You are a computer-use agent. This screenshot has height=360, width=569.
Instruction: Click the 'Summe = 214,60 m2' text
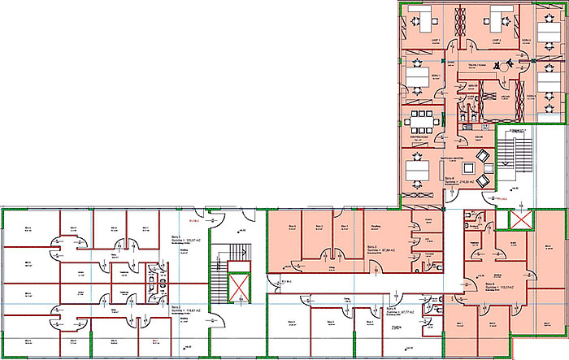(460, 182)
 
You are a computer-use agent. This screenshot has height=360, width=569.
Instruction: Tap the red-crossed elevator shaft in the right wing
(518, 219)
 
